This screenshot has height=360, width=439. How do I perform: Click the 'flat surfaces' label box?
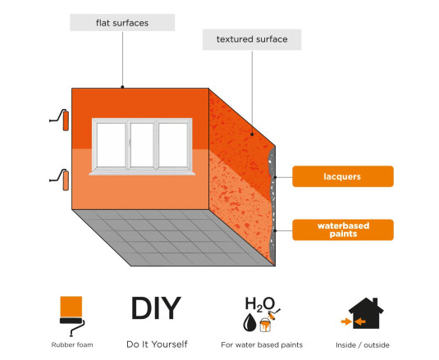122,22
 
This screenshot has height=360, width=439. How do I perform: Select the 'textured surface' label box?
252,39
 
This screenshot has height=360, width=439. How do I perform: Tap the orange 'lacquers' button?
343,176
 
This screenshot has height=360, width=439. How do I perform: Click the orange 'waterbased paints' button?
343,230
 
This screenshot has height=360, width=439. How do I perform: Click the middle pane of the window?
142,144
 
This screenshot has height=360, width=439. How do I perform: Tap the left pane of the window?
111,144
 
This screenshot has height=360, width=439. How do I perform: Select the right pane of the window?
173,144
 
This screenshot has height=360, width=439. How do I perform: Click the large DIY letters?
156,308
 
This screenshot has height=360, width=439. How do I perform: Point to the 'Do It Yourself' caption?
157,344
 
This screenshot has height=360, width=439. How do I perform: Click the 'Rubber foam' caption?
72,345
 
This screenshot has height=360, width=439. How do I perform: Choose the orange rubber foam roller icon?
72,316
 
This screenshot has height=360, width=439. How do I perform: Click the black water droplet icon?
249,322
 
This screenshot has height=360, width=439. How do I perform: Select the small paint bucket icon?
265,325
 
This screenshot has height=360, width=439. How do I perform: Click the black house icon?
366,313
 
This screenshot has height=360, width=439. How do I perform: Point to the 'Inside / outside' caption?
363,345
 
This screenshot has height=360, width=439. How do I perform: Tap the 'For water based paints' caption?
262,345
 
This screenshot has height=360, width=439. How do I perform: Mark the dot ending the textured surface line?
252,134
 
